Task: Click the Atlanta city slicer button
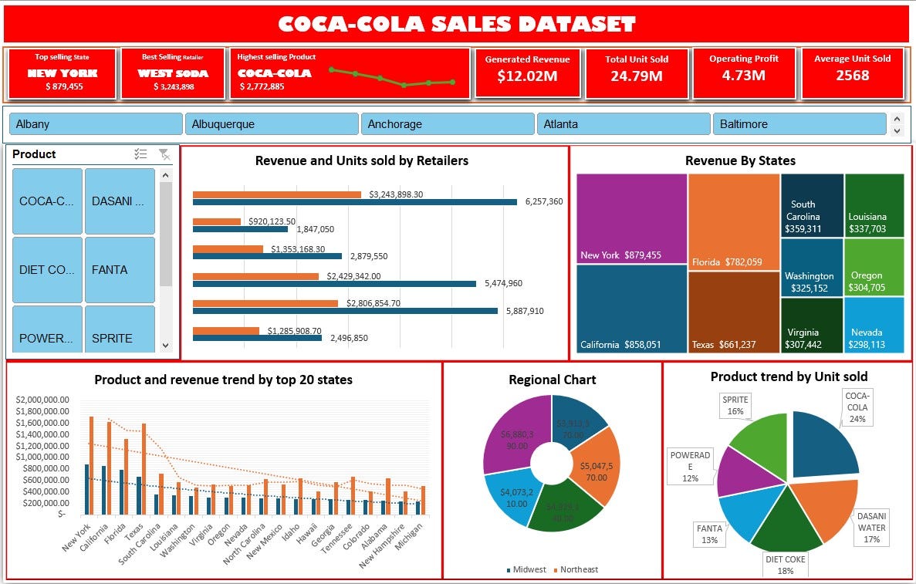pyautogui.click(x=622, y=124)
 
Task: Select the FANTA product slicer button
pyautogui.click(x=120, y=270)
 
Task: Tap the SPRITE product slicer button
pyautogui.click(x=120, y=338)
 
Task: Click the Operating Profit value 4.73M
pyautogui.click(x=744, y=76)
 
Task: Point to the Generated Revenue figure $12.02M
pyautogui.click(x=527, y=76)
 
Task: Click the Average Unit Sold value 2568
pyautogui.click(x=852, y=76)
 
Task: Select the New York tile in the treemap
pyautogui.click(x=631, y=219)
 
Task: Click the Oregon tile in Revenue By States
pyautogui.click(x=874, y=267)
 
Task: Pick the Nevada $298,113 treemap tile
pyautogui.click(x=874, y=325)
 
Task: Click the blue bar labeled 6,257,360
pyautogui.click(x=354, y=202)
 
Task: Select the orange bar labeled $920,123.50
pyautogui.click(x=217, y=221)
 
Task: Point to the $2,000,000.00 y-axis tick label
pyautogui.click(x=42, y=400)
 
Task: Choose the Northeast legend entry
pyautogui.click(x=575, y=570)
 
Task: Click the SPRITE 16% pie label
pyautogui.click(x=735, y=406)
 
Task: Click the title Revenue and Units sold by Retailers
pyautogui.click(x=361, y=160)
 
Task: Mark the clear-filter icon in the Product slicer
pyautogui.click(x=164, y=154)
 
